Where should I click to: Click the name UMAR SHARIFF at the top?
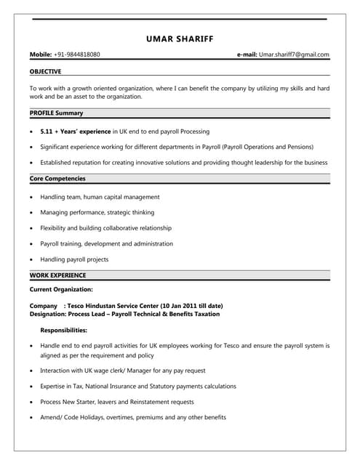click(x=180, y=39)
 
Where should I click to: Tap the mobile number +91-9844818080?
click(x=77, y=54)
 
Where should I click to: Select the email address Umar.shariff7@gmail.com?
click(x=295, y=54)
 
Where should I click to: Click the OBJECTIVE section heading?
click(x=45, y=71)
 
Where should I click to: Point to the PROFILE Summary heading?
click(x=56, y=113)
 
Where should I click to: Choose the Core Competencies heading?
click(x=57, y=178)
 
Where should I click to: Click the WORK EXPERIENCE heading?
click(x=57, y=275)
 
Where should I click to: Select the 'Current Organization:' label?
click(x=61, y=290)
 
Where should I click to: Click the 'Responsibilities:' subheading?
click(x=64, y=331)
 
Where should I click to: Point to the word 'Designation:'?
click(x=47, y=314)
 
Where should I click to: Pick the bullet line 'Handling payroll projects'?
click(x=74, y=259)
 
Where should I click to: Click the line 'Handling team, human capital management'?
click(x=100, y=197)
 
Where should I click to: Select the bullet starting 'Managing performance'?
click(x=97, y=212)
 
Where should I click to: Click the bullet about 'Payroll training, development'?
click(x=106, y=243)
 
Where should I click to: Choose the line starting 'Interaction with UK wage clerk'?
click(x=122, y=371)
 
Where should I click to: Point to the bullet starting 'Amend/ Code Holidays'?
click(x=132, y=417)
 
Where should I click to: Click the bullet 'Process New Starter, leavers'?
click(x=116, y=402)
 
